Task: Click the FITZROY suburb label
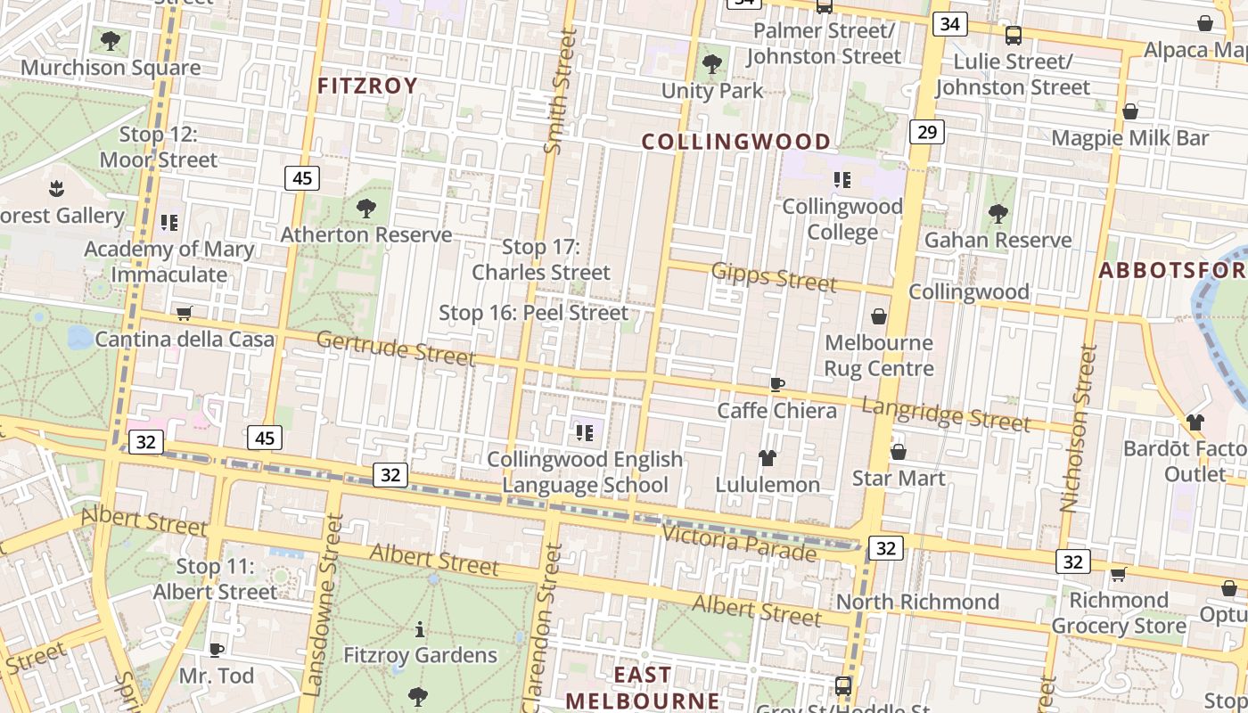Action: [x=367, y=86]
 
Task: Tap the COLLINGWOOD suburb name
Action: [x=735, y=142]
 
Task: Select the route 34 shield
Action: [x=949, y=24]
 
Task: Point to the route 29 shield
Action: [x=926, y=133]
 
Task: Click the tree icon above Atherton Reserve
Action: [x=365, y=209]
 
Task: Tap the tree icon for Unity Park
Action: [x=711, y=63]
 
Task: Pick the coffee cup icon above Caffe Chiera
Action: [x=776, y=384]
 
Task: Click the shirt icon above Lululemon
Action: [x=767, y=458]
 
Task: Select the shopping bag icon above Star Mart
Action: [x=898, y=452]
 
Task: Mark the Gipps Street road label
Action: [x=774, y=278]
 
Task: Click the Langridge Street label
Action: [x=945, y=414]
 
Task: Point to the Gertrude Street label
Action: [x=395, y=348]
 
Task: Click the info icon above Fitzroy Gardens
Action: [x=420, y=630]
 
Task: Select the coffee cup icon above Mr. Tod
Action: [x=216, y=650]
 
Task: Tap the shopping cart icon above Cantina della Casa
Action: [x=185, y=313]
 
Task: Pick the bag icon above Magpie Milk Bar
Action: [x=1129, y=111]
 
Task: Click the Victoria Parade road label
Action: [x=738, y=543]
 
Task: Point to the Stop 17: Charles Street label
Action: [x=540, y=259]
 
